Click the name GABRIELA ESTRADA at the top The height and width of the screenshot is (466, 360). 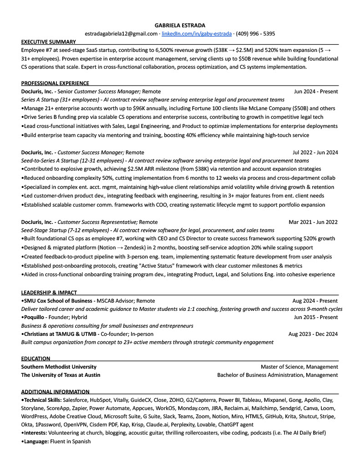coord(180,25)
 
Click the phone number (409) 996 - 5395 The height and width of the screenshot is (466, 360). coord(255,34)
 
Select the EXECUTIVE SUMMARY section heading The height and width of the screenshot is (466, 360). coord(48,41)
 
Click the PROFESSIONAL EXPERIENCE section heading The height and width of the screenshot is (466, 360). coord(55,83)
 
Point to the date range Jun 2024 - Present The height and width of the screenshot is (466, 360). coord(316,91)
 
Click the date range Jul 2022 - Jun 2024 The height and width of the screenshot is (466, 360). coord(315,152)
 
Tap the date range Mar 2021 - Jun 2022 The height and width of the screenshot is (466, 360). coord(313,222)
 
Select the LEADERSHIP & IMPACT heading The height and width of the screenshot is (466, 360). coord(49,293)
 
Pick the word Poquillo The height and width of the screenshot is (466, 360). coord(35,317)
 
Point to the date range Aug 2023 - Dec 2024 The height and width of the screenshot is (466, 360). coord(313,334)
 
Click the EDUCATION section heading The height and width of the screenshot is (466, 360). coord(36,359)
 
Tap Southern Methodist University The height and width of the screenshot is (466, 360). coord(59,367)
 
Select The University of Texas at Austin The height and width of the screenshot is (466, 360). coord(61,375)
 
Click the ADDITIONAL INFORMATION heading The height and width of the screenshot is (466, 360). coord(56,392)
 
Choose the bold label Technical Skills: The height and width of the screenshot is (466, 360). coord(42,400)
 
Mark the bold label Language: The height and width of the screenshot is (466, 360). coord(36,441)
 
